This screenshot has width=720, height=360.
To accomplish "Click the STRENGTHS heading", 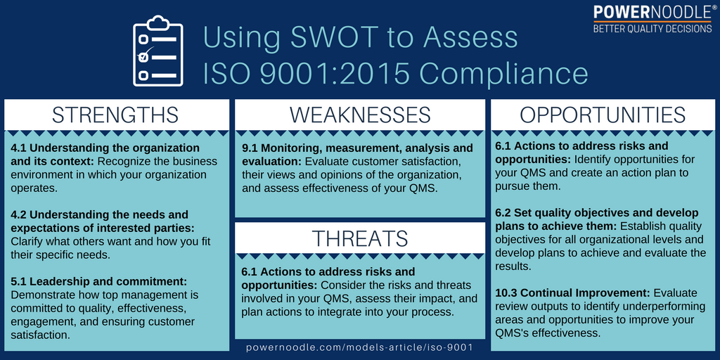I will [116, 115].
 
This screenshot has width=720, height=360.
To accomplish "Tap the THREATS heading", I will [360, 238].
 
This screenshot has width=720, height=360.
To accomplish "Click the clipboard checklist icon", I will [157, 53].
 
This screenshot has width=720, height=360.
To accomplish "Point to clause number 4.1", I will [19, 148].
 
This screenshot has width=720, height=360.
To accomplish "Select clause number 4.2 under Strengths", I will [19, 214].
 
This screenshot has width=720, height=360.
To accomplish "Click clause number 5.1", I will [19, 281].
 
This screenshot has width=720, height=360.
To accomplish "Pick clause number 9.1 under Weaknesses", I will [250, 148].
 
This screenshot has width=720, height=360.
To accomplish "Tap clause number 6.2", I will [504, 212].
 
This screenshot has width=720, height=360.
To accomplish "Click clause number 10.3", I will [508, 292].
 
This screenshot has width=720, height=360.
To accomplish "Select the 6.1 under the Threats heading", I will [250, 271].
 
